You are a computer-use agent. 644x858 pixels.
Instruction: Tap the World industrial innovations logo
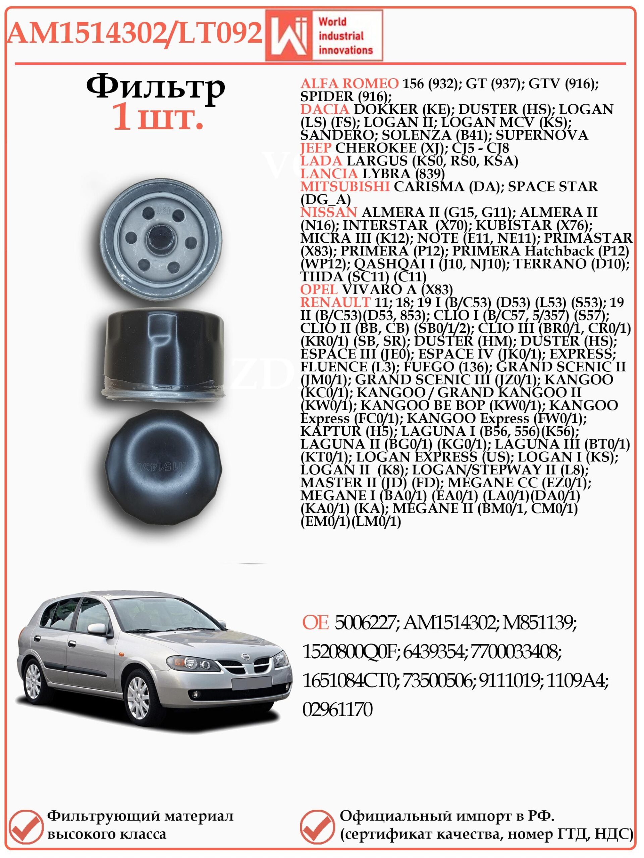(324, 36)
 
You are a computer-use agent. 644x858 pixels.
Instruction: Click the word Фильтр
(155, 88)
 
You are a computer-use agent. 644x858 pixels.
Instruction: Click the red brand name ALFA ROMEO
(349, 83)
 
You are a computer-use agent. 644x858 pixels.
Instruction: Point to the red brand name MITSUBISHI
(345, 187)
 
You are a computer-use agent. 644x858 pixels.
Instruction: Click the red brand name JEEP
(316, 148)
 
